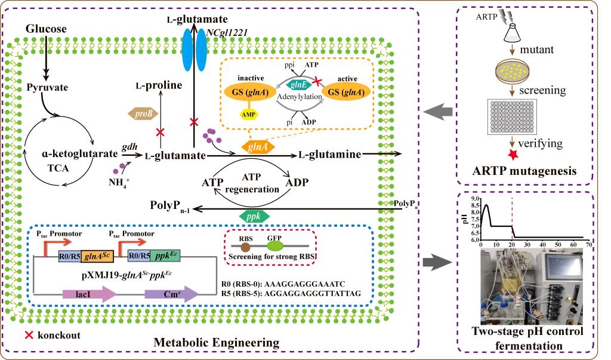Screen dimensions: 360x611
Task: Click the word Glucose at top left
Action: (x=46, y=29)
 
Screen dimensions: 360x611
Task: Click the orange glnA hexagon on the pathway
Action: (x=257, y=145)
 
